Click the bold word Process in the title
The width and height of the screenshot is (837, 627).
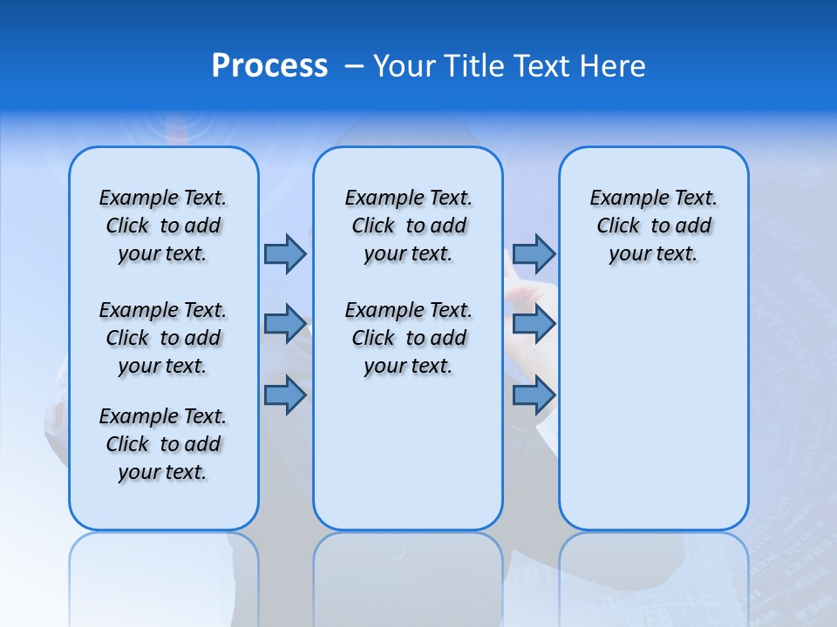click(269, 66)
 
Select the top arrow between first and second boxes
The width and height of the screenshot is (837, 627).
click(285, 253)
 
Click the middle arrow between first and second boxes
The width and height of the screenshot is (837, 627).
click(285, 324)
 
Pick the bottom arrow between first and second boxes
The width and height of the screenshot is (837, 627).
click(285, 395)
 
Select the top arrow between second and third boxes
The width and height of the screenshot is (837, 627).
click(534, 253)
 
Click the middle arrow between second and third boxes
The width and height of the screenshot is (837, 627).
click(534, 324)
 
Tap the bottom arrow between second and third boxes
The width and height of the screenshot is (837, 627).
click(534, 395)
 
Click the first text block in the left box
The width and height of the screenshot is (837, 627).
click(163, 226)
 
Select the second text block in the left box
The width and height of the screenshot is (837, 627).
click(163, 338)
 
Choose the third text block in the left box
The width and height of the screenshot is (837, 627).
click(163, 444)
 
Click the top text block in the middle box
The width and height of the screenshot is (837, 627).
click(408, 226)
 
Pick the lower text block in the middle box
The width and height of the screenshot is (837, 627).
click(408, 338)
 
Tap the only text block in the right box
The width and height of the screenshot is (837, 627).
click(653, 226)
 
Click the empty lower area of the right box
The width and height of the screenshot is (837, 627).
click(653, 409)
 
